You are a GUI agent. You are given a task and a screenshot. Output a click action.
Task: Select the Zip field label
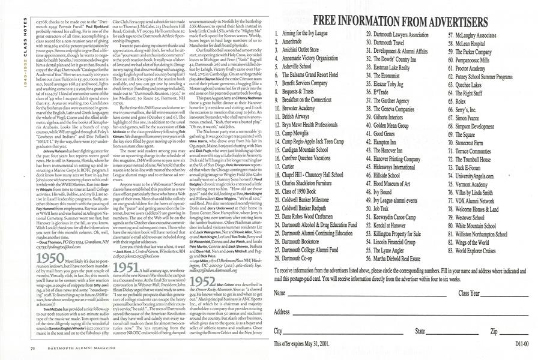[x=495, y=331]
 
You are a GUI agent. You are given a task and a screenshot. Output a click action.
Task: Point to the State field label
[x=420, y=331]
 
